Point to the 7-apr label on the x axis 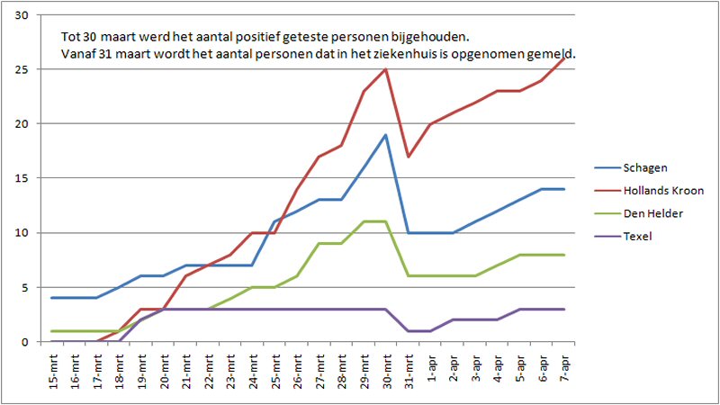563,369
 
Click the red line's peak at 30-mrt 386,69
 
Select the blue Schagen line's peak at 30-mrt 386,135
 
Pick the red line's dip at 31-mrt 409,157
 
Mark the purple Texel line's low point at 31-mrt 409,331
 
